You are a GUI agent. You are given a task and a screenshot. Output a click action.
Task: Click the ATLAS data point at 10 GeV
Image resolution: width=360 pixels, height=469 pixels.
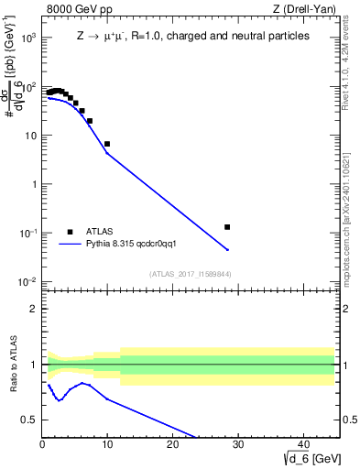(x=107, y=144)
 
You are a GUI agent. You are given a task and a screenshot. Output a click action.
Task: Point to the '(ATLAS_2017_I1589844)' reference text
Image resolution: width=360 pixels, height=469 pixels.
(x=191, y=274)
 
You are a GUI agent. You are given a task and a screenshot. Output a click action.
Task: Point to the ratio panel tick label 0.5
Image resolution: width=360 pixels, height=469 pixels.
(x=29, y=420)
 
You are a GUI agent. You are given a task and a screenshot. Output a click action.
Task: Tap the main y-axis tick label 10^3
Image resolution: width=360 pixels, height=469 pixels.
(x=27, y=38)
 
